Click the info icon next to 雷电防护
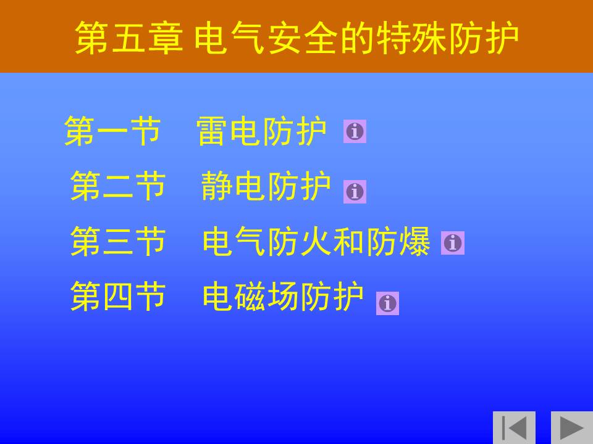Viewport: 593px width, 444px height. [355, 131]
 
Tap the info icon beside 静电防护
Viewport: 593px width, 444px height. [355, 192]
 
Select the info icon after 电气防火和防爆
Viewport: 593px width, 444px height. [453, 243]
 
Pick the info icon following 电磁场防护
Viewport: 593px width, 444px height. [387, 303]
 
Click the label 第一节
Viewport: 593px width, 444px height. [112, 131]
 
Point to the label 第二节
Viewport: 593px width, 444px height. [118, 186]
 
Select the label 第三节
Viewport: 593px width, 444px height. [118, 241]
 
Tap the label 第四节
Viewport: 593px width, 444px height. [118, 297]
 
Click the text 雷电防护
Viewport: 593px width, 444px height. [261, 131]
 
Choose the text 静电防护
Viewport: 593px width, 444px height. [266, 186]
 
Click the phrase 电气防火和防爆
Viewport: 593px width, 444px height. [316, 241]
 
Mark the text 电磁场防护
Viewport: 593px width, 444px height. [283, 297]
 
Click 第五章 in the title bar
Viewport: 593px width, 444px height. [128, 38]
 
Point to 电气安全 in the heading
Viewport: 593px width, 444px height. [266, 38]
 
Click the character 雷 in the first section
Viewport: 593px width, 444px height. [212, 131]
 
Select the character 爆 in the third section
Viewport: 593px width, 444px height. [414, 241]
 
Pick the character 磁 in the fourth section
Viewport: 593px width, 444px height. [250, 297]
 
